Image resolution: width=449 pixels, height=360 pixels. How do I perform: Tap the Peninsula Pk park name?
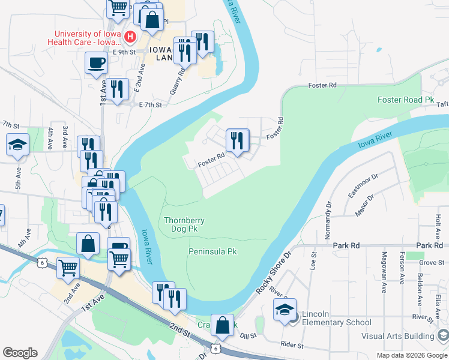tap(212, 251)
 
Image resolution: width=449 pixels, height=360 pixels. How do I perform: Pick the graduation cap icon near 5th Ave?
tap(18, 145)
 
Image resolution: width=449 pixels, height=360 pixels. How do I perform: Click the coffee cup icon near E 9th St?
tap(96, 62)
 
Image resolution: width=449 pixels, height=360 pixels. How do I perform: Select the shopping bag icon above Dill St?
tap(222, 325)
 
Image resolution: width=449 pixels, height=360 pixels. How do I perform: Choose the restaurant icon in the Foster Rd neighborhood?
tap(238, 140)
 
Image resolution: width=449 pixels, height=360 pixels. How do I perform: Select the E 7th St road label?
tap(150, 105)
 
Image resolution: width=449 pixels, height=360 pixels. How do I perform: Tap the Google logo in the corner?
tap(20, 353)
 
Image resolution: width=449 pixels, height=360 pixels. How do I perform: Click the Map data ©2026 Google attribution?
tap(411, 355)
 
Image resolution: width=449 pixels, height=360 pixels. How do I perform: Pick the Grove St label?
tap(432, 263)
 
